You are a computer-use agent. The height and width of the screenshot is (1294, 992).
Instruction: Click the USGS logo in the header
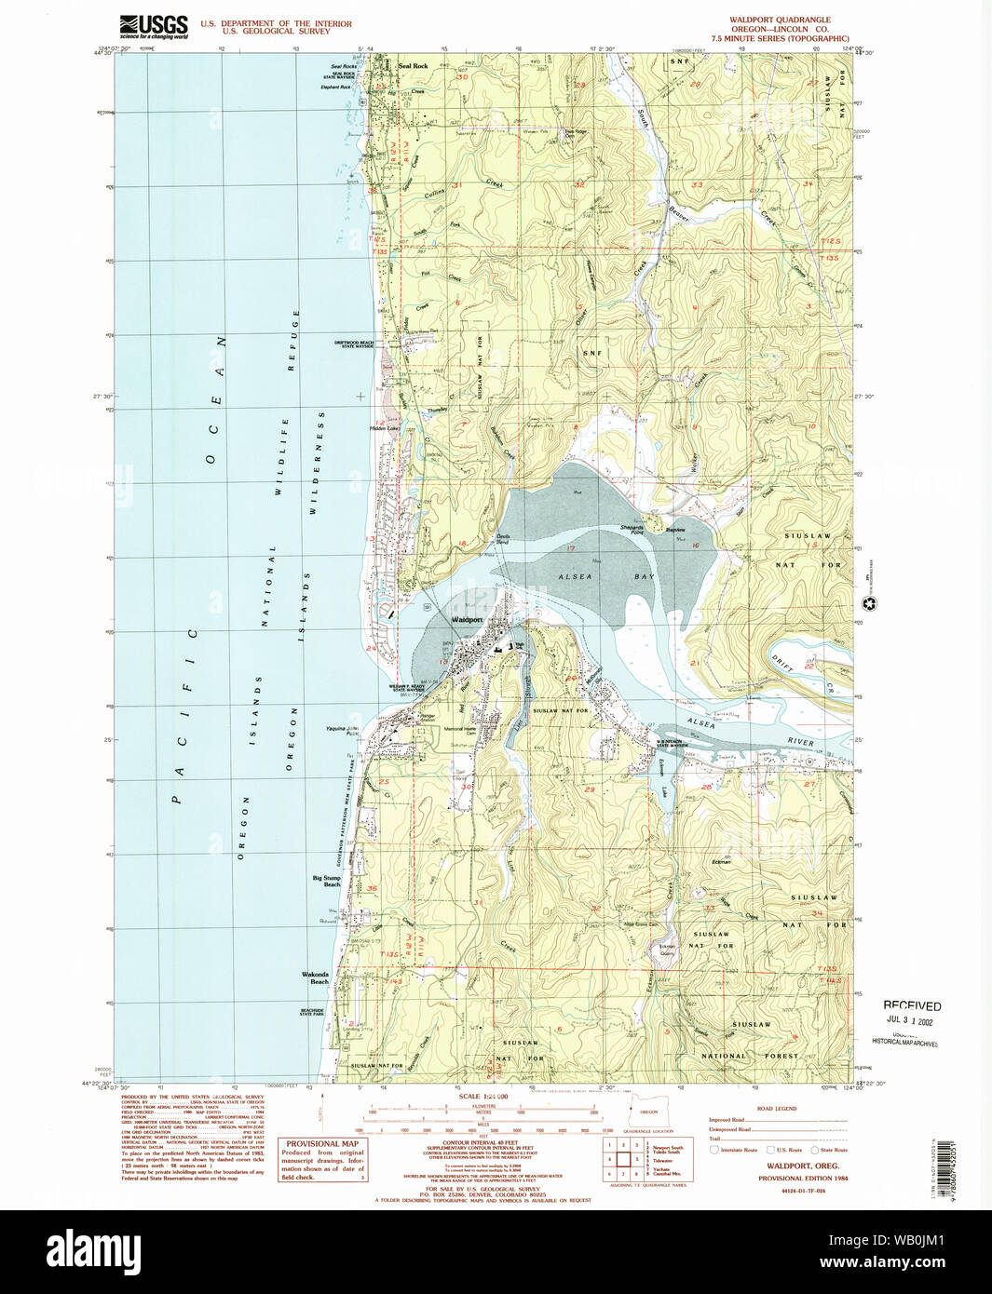[x=154, y=26]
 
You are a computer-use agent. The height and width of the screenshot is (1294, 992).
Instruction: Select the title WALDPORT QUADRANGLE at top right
[x=781, y=20]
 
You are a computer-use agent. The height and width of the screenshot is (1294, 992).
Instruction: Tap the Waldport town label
[x=467, y=619]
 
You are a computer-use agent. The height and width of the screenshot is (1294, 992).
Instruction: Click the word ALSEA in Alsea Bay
[x=575, y=577]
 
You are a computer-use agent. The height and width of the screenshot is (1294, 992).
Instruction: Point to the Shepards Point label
[x=632, y=529]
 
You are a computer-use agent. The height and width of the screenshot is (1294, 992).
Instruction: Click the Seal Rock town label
[x=413, y=66]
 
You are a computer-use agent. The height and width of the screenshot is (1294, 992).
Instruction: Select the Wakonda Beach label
[x=316, y=977]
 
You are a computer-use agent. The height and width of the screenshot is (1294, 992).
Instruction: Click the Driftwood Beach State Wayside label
[x=354, y=344]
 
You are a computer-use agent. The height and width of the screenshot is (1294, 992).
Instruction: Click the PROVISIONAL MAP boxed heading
[x=322, y=1143]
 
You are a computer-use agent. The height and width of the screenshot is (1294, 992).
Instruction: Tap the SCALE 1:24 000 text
[x=482, y=1097]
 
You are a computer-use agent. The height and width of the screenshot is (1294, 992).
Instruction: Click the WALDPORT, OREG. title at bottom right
[x=803, y=1166]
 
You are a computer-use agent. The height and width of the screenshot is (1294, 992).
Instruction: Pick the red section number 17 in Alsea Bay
[x=568, y=549]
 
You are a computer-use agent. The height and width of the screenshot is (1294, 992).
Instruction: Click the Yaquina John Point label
[x=342, y=731]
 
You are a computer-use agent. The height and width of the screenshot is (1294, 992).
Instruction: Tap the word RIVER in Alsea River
[x=800, y=742]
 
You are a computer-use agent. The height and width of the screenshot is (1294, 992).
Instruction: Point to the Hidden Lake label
[x=384, y=428]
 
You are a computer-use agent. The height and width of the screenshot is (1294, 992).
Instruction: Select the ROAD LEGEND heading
[x=776, y=1109]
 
